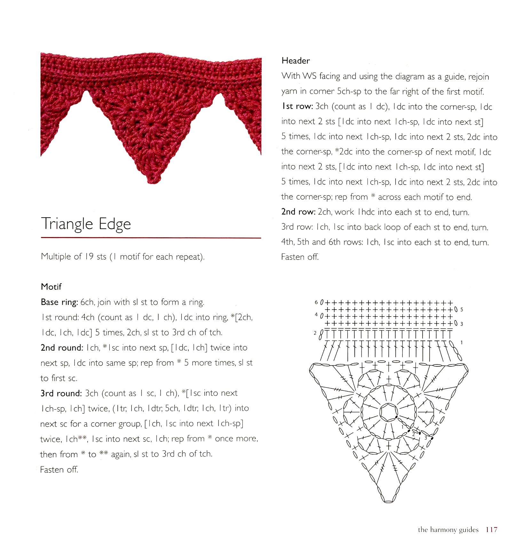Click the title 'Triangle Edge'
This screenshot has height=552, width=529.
(x=86, y=224)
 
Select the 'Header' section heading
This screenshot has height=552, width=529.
(x=296, y=61)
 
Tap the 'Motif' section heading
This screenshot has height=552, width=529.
(x=51, y=287)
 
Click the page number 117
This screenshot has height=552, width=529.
(x=491, y=530)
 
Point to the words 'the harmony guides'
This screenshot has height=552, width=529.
(x=448, y=530)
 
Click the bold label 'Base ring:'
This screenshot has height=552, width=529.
(x=59, y=302)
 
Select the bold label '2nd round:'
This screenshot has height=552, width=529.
(x=62, y=348)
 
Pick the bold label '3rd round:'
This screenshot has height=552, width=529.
(x=61, y=393)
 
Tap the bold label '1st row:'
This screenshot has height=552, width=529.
(x=297, y=106)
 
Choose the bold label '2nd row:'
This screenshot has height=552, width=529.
(x=298, y=212)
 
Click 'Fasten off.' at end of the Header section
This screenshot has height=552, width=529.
(x=300, y=257)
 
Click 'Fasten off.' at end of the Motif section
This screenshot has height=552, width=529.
(x=59, y=470)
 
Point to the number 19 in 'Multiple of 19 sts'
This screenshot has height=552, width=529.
(x=89, y=257)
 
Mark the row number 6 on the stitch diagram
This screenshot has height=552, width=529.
(x=316, y=302)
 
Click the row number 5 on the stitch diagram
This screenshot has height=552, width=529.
(x=462, y=309)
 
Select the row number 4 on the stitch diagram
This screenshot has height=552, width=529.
(x=316, y=315)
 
